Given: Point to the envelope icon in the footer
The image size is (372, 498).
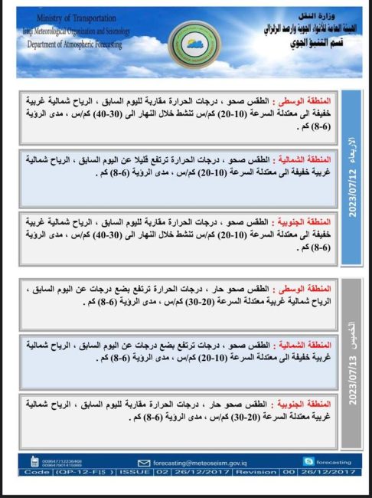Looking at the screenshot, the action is click(144, 462).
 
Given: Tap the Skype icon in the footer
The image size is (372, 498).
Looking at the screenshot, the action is click(308, 461).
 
